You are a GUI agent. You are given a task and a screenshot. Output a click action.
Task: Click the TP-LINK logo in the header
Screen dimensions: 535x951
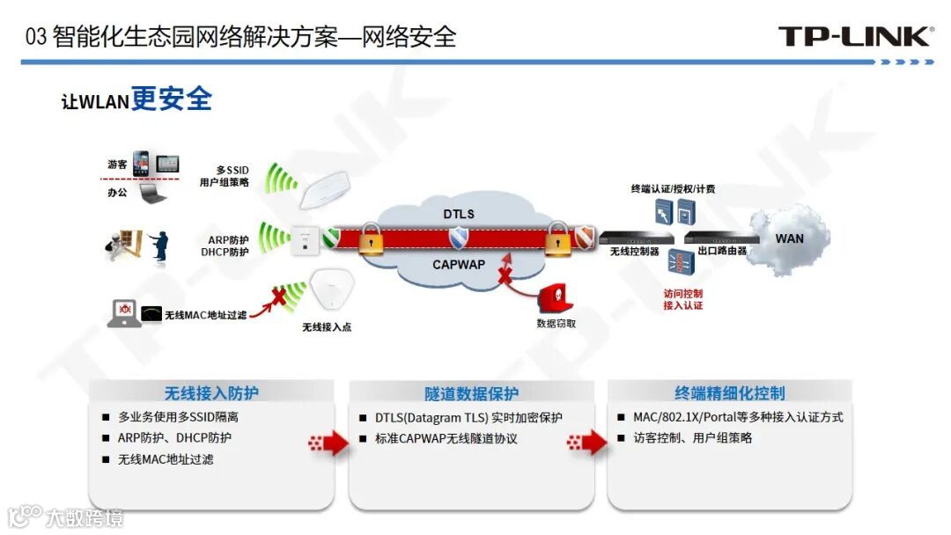pyautogui.click(x=855, y=36)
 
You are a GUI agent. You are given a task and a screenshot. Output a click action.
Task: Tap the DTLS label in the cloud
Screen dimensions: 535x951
pyautogui.click(x=458, y=214)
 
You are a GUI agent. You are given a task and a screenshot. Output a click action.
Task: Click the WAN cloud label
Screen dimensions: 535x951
pyautogui.click(x=789, y=238)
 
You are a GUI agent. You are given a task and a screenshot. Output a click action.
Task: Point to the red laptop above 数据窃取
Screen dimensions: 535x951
pyautogui.click(x=555, y=297)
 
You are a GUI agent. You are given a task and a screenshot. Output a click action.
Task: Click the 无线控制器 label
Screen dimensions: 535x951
pyautogui.click(x=634, y=251)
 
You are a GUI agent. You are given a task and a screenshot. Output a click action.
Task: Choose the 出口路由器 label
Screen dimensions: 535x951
pyautogui.click(x=722, y=251)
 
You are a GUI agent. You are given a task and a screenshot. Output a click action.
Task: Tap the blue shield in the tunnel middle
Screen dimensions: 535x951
pyautogui.click(x=459, y=238)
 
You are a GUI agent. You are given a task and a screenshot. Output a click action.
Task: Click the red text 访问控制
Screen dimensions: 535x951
pyautogui.click(x=682, y=293)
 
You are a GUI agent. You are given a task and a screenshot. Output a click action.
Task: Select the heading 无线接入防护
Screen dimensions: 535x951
pyautogui.click(x=211, y=393)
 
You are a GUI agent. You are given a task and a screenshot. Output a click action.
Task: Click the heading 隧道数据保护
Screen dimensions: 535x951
pyautogui.click(x=471, y=393)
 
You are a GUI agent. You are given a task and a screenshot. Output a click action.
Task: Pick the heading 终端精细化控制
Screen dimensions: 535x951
pyautogui.click(x=730, y=393)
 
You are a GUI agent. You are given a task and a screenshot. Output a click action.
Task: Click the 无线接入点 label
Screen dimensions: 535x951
pyautogui.click(x=327, y=327)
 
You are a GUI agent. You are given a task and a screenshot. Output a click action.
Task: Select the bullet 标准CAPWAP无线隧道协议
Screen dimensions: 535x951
pyautogui.click(x=446, y=438)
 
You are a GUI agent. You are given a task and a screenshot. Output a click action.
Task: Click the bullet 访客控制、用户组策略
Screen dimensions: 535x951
pyautogui.click(x=693, y=438)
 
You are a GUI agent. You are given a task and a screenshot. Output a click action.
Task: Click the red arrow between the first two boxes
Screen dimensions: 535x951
pyautogui.click(x=329, y=442)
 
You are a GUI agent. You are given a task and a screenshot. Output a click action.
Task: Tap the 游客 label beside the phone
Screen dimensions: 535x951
pyautogui.click(x=117, y=165)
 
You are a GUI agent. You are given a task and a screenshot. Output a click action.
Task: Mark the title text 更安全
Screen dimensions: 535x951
pyautogui.click(x=172, y=99)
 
